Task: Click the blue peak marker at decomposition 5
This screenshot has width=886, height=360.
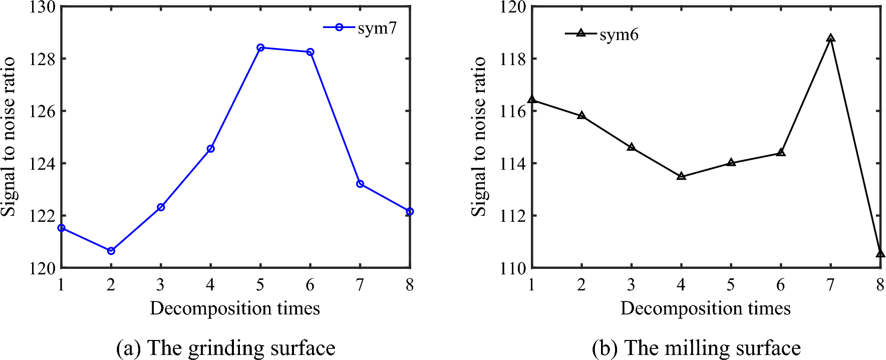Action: click(x=260, y=48)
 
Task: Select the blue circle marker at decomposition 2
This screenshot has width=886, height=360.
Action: click(x=111, y=251)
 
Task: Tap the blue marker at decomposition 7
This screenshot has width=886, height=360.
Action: click(x=360, y=184)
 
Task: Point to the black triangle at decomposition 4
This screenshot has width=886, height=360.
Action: click(x=681, y=176)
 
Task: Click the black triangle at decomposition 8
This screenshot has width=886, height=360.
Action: click(x=880, y=253)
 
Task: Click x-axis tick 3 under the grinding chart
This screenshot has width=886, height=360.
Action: click(x=160, y=285)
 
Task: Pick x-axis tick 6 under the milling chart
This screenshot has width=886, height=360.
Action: click(x=780, y=285)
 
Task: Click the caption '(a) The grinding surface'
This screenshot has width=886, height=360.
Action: click(x=225, y=348)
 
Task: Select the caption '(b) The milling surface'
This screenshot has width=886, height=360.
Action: click(x=696, y=348)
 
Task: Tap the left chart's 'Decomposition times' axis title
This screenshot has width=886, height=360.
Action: click(x=235, y=308)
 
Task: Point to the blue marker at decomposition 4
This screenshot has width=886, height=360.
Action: click(x=211, y=149)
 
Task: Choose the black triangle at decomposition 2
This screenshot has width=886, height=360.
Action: click(x=581, y=116)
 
